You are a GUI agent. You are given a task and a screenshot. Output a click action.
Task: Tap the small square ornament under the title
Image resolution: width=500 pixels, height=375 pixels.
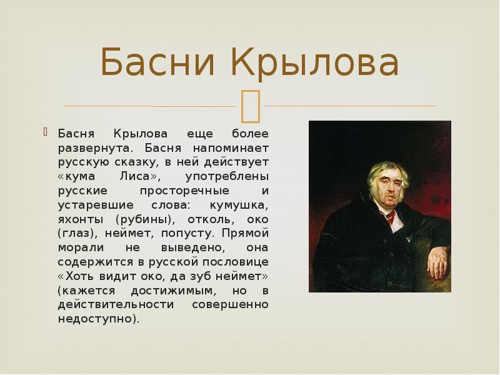coord(250,105)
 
